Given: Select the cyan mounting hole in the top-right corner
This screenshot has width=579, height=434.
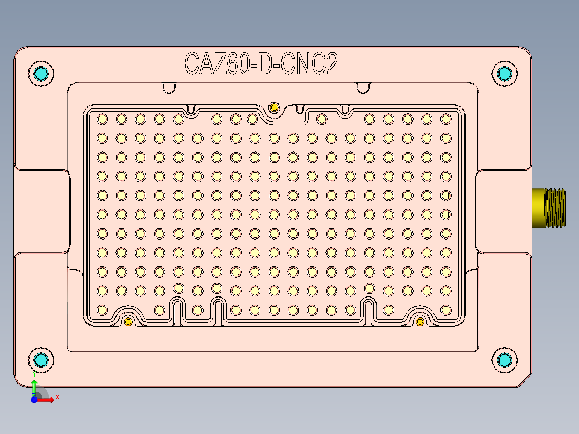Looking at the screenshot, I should (x=504, y=74).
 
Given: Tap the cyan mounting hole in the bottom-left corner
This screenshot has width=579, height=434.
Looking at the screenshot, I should (x=41, y=360).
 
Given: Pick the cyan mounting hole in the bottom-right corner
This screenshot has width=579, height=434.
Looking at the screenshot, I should (x=504, y=360).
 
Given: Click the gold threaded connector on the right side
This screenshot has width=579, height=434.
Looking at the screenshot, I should (x=549, y=208).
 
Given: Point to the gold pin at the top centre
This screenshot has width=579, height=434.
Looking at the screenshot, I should (x=274, y=107).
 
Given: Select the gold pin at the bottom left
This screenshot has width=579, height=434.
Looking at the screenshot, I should (x=128, y=322).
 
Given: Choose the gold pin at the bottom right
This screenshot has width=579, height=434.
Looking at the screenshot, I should (x=420, y=322).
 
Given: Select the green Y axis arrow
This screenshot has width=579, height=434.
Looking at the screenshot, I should (x=34, y=386).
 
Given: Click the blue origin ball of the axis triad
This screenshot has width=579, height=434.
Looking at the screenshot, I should (x=34, y=400).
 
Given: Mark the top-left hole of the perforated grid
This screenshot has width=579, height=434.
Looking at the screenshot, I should (x=102, y=119).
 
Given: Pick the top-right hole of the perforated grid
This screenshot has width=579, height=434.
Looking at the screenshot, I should (x=445, y=119).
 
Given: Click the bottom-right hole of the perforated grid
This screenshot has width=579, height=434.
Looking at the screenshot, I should (x=445, y=310).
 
